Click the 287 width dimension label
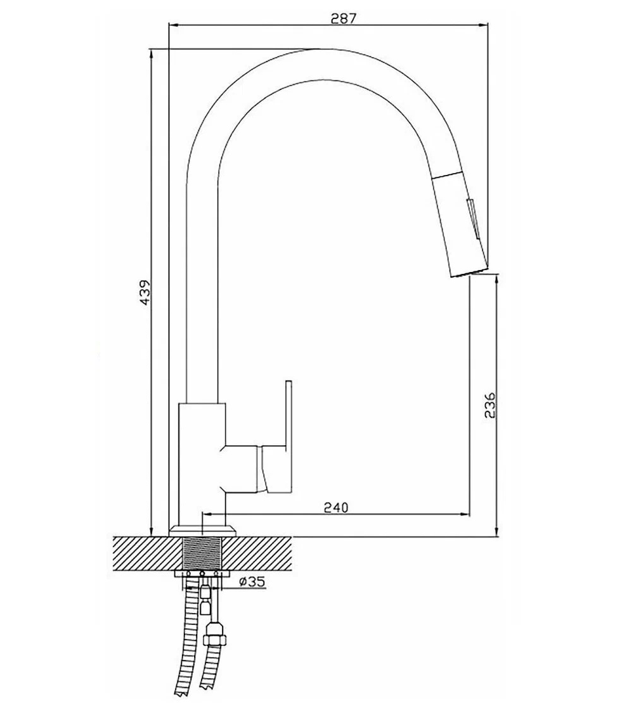click(344, 18)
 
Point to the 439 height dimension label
click(145, 292)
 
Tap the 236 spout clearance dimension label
click(490, 405)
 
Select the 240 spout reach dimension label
click(335, 508)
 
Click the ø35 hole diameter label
click(252, 581)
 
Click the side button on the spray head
click(474, 218)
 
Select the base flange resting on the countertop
click(202, 531)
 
